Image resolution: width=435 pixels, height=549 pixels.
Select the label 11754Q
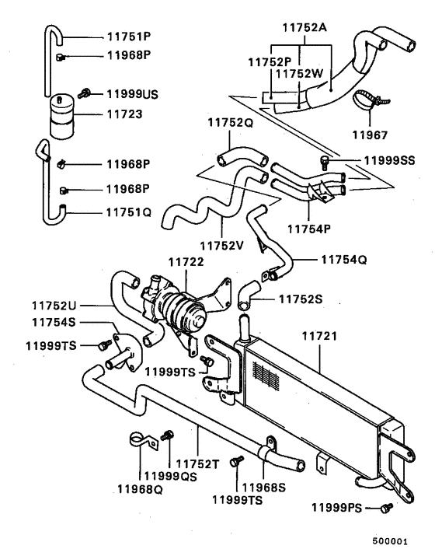coord(342,260)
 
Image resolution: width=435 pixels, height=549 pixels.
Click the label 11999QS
coord(167,477)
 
